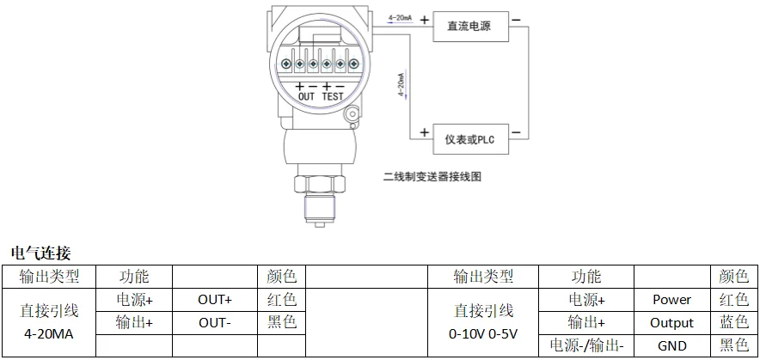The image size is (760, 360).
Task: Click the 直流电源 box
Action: tap(470, 26)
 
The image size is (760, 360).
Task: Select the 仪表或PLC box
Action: tap(470, 139)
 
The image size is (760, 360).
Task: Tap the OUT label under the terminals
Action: tap(306, 96)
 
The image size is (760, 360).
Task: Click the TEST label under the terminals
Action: tap(333, 96)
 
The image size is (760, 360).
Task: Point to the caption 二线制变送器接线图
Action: tap(432, 177)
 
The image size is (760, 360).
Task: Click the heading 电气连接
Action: tap(40, 253)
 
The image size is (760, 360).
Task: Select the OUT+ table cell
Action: tap(215, 300)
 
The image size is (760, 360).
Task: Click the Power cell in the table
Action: tap(671, 300)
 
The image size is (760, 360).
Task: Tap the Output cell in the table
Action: tap(671, 323)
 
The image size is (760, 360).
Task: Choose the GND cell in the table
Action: tap(671, 345)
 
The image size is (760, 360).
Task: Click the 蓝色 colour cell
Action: tap(734, 323)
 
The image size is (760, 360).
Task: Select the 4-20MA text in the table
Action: tap(48, 334)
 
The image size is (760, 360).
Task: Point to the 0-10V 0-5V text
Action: tap(483, 334)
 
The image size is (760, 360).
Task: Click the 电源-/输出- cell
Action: tap(586, 345)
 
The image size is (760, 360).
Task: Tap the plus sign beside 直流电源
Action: tap(425, 20)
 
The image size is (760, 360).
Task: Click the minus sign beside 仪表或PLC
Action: tap(516, 132)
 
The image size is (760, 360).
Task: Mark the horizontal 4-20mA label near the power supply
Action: tap(400, 18)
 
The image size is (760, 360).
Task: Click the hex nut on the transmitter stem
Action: tap(319, 184)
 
